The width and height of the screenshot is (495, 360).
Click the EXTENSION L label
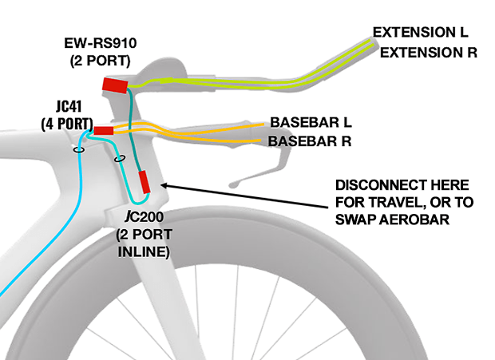pos(420,33)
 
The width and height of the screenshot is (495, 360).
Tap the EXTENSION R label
pos(428,53)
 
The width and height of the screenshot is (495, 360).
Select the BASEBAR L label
pos(311,124)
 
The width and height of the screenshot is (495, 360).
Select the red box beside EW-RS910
pos(115,84)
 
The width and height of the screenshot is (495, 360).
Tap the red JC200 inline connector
pos(145,182)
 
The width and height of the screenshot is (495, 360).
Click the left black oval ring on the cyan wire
pos(79,149)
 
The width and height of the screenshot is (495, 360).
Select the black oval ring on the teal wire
pos(120,159)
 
